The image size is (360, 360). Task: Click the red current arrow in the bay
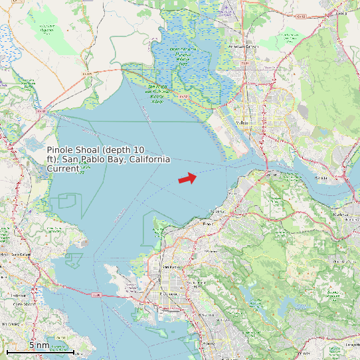click(188, 178)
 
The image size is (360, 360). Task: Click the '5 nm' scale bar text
click(39, 345)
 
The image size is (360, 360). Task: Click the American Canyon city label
click(243, 47)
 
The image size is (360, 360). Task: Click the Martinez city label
click(340, 215)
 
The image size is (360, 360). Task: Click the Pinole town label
click(208, 225)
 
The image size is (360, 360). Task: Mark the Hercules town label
click(214, 211)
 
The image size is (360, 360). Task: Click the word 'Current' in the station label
click(62, 169)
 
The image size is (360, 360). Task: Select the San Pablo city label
click(171, 267)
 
